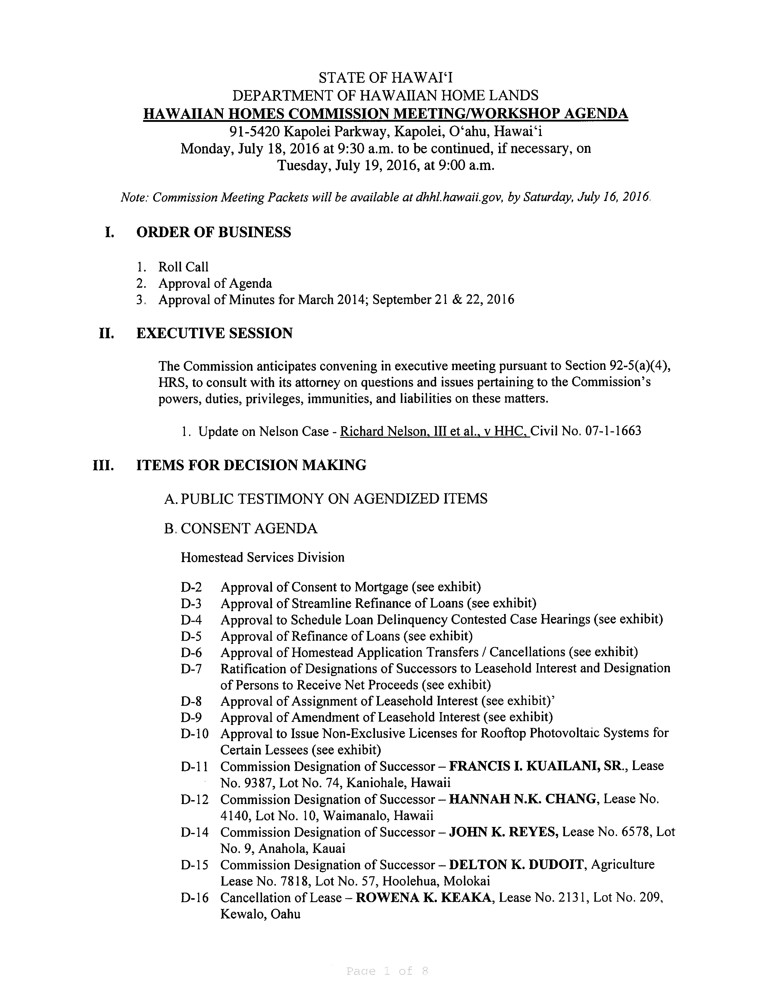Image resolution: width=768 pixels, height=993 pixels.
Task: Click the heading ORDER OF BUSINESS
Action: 214,232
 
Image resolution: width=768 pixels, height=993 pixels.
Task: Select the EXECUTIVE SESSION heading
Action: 214,333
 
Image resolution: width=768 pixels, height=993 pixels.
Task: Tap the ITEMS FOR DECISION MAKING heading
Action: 251,465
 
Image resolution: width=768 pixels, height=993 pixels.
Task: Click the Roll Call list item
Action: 183,267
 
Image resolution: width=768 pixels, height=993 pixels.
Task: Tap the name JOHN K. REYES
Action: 503,832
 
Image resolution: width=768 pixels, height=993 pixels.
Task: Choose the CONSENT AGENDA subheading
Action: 249,528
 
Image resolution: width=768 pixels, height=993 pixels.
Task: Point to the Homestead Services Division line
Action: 263,557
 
